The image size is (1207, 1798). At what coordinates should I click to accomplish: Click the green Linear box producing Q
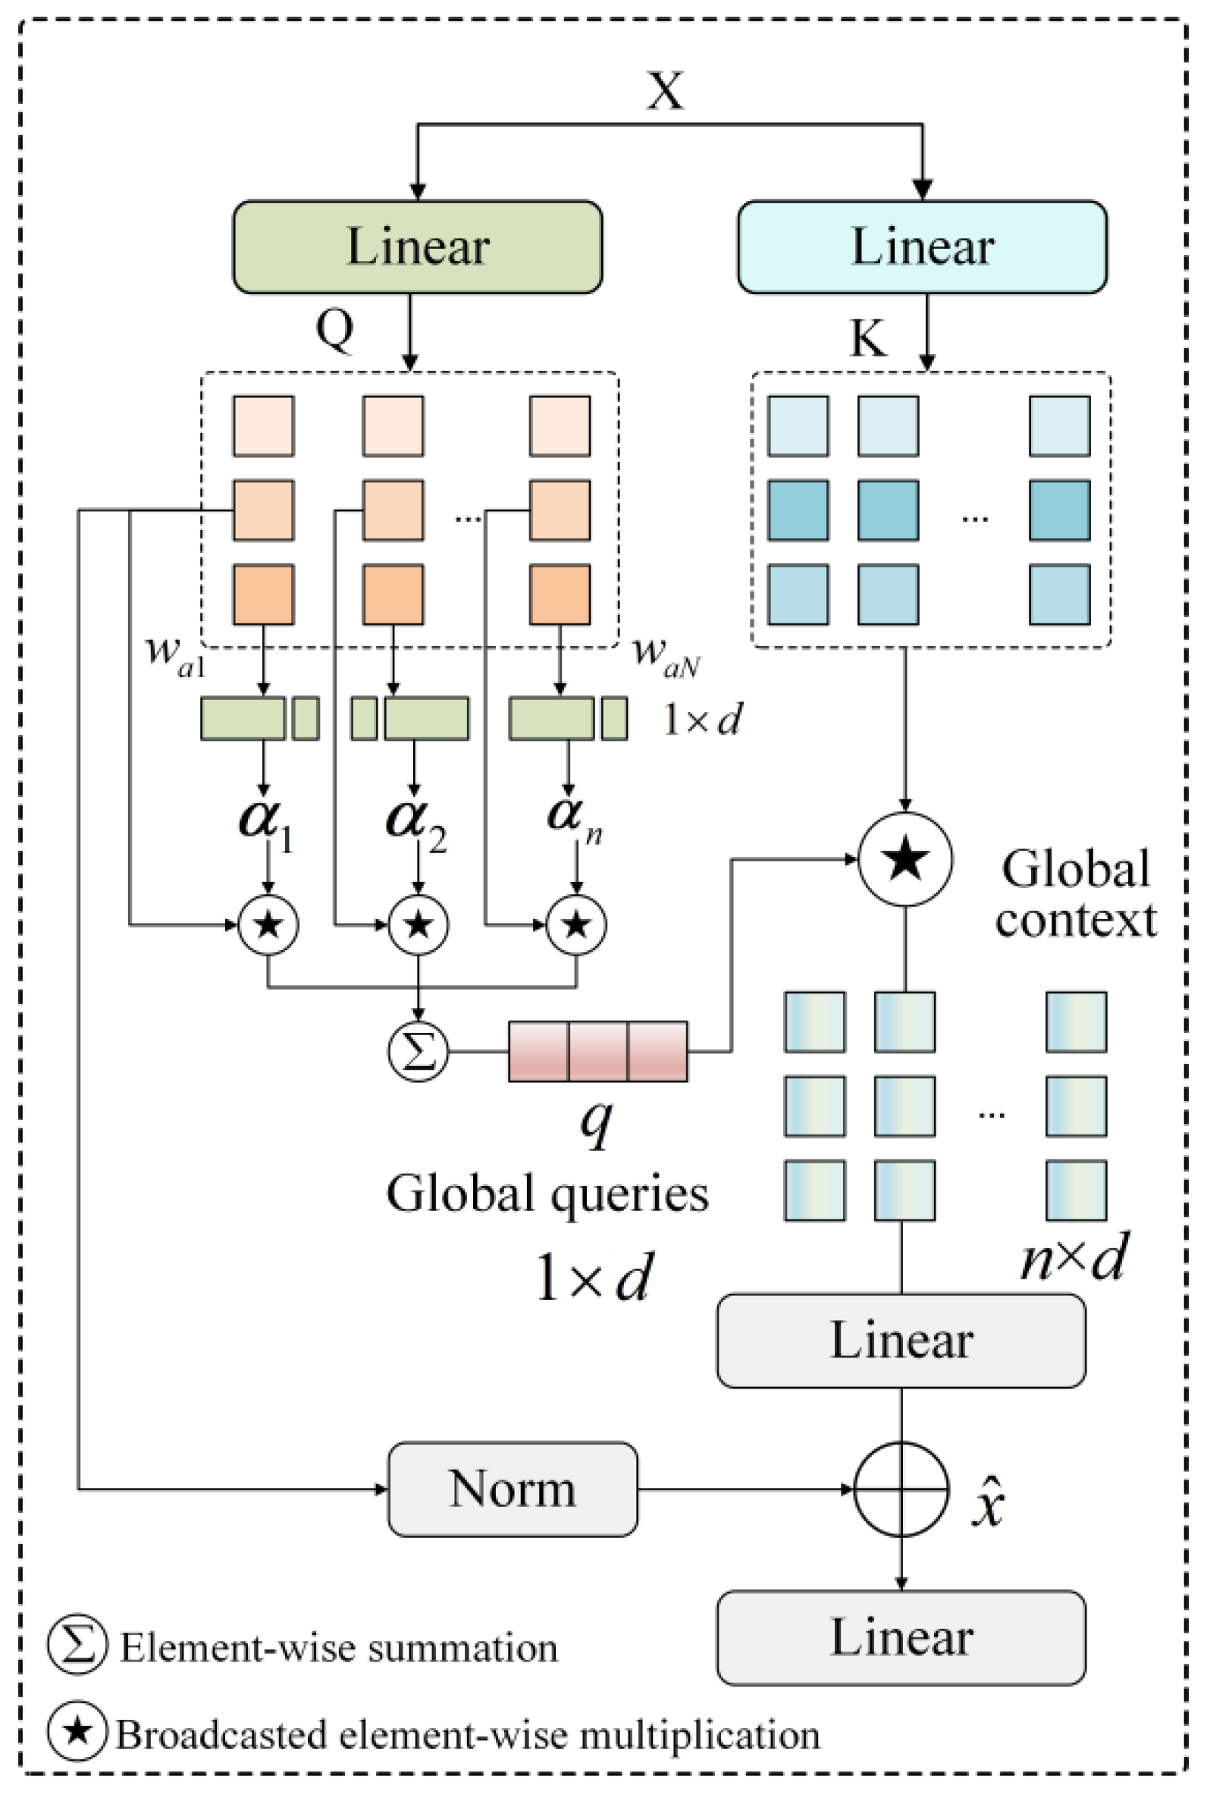417,247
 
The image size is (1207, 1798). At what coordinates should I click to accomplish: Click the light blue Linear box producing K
922,247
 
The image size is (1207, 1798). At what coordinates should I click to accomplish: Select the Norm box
512,1489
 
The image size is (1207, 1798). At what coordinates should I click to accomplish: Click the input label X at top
665,91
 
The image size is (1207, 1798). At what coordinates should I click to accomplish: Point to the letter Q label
335,329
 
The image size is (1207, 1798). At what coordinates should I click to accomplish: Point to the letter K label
867,337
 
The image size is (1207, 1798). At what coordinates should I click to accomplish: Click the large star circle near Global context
905,859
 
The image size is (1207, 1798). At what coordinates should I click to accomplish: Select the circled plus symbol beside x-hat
901,1489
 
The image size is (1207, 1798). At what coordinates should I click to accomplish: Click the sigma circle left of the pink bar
418,1051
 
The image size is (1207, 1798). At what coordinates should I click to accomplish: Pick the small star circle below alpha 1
268,924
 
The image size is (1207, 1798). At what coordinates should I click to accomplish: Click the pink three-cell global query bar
598,1051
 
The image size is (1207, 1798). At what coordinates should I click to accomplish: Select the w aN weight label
665,656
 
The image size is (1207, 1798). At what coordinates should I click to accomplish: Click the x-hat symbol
988,1501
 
